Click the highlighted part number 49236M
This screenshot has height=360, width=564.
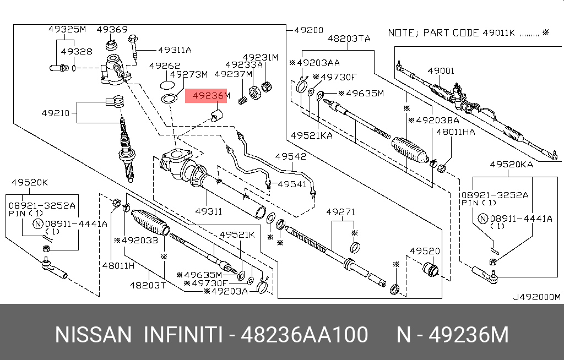pos(207,96)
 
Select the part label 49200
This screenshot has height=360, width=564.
pos(309,30)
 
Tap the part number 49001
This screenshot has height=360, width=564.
pos(441,71)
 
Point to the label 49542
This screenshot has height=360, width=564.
pos(291,157)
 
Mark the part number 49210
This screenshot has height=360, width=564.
pos(56,114)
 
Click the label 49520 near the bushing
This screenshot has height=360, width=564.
pos(424,251)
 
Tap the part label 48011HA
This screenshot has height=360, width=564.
pos(455,132)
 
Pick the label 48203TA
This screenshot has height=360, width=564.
pos(349,39)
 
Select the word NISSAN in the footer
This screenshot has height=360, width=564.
pos(93,335)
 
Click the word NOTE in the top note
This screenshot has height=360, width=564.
pos(401,33)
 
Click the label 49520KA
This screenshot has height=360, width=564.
pos(512,164)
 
